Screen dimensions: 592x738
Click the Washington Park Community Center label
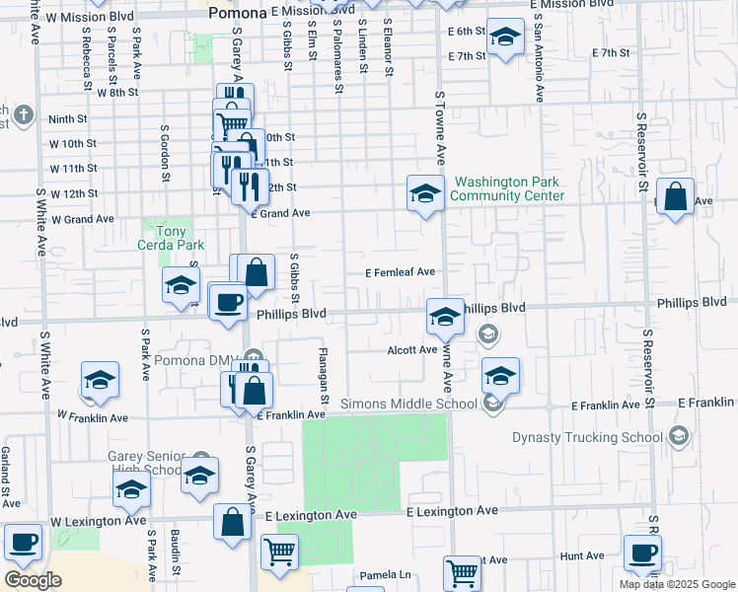(x=507, y=188)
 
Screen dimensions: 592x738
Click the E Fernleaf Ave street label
(x=400, y=272)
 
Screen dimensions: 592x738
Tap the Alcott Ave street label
(x=411, y=349)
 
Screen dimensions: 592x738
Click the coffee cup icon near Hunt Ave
(x=642, y=555)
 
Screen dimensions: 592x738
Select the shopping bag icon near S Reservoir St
(x=675, y=197)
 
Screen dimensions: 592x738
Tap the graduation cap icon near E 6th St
(x=506, y=38)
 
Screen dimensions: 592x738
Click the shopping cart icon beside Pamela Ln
(x=462, y=572)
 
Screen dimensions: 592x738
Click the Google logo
(x=33, y=580)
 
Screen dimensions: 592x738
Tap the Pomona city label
(x=238, y=13)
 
